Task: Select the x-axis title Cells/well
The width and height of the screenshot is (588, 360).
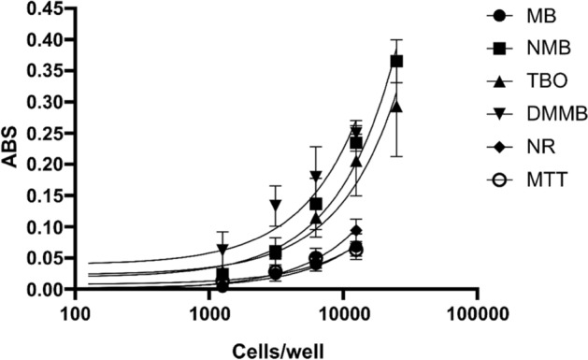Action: point(276,347)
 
